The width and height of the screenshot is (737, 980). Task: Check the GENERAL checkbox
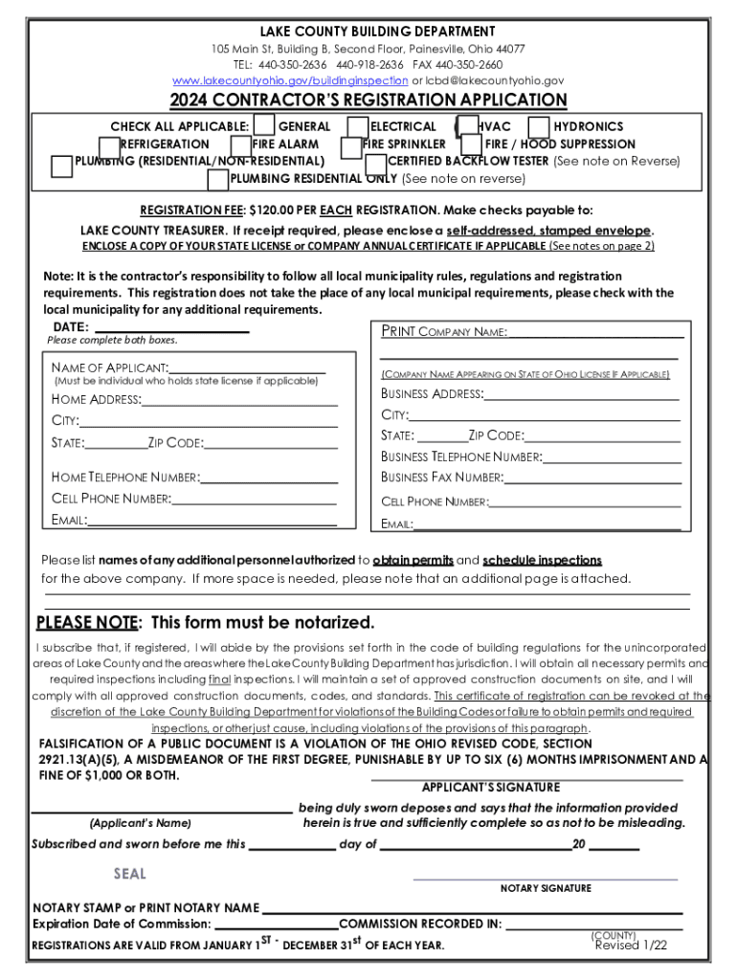click(x=264, y=126)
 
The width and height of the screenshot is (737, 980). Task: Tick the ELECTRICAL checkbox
click(x=358, y=126)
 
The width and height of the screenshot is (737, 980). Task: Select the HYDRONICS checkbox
click(x=539, y=126)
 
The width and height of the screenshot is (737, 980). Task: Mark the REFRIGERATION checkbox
click(x=110, y=145)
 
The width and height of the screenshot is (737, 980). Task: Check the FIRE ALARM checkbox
click(x=241, y=145)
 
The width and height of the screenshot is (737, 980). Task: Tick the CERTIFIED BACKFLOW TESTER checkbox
click(x=375, y=162)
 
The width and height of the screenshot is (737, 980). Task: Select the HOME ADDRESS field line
click(x=239, y=399)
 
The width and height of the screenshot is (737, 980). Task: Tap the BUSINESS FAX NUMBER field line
click(x=592, y=478)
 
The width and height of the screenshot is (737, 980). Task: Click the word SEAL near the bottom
click(x=130, y=874)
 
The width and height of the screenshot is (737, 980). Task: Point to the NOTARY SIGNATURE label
click(x=546, y=888)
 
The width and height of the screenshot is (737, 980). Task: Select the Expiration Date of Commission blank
click(x=276, y=924)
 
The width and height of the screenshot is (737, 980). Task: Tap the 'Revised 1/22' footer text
click(x=631, y=946)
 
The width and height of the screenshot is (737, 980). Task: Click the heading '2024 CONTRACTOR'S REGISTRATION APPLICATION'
click(x=368, y=100)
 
